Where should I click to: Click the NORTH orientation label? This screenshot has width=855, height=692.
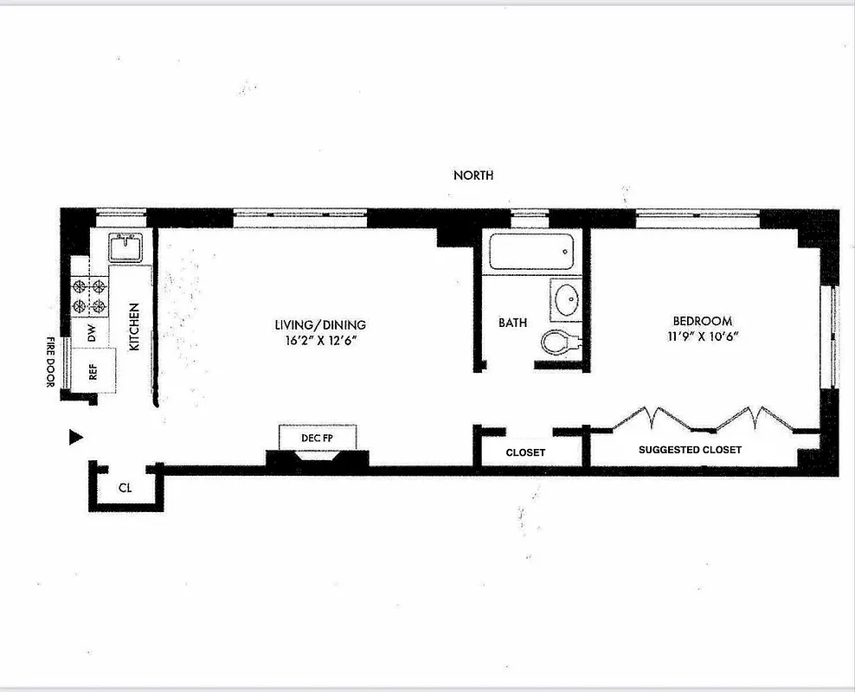473,175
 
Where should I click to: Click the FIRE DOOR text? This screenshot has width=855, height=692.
51,362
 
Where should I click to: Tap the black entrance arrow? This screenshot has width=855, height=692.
75,438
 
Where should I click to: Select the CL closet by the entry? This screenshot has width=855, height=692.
125,488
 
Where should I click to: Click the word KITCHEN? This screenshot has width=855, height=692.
134,327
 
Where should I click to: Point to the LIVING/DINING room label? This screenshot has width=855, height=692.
320,324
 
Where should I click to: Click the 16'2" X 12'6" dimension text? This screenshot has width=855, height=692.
320,340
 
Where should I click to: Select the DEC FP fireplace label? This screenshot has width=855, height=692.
317,439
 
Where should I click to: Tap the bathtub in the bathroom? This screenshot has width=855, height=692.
530,253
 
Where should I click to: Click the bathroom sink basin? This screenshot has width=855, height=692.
568,300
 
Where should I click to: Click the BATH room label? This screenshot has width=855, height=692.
512,323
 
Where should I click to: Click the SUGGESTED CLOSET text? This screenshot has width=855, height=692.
690,450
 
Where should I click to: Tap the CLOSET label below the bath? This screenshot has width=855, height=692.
525,452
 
